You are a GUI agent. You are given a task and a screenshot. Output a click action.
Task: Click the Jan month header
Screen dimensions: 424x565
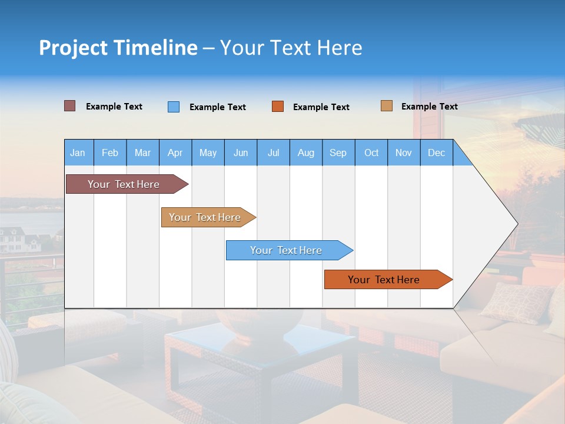[78, 153]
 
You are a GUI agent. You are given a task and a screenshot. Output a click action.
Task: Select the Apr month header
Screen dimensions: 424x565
[175, 153]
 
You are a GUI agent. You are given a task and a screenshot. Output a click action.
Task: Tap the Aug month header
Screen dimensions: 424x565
[306, 153]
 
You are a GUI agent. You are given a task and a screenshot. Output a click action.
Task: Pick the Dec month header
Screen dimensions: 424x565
[436, 153]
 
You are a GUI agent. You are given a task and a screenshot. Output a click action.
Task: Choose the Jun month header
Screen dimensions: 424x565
[241, 153]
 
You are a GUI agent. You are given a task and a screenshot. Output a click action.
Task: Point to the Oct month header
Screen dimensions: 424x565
[371, 153]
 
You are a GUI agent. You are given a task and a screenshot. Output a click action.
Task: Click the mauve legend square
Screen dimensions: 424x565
[70, 106]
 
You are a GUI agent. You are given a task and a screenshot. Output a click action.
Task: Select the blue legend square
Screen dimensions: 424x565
[174, 107]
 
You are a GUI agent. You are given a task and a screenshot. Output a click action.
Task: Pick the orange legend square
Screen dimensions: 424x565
[278, 107]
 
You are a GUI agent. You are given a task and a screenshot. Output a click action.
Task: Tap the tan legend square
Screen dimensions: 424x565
[387, 106]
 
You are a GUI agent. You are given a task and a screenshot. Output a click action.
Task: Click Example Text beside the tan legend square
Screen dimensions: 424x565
[429, 107]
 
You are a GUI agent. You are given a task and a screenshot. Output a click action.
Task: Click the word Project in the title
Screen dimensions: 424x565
[72, 48]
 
